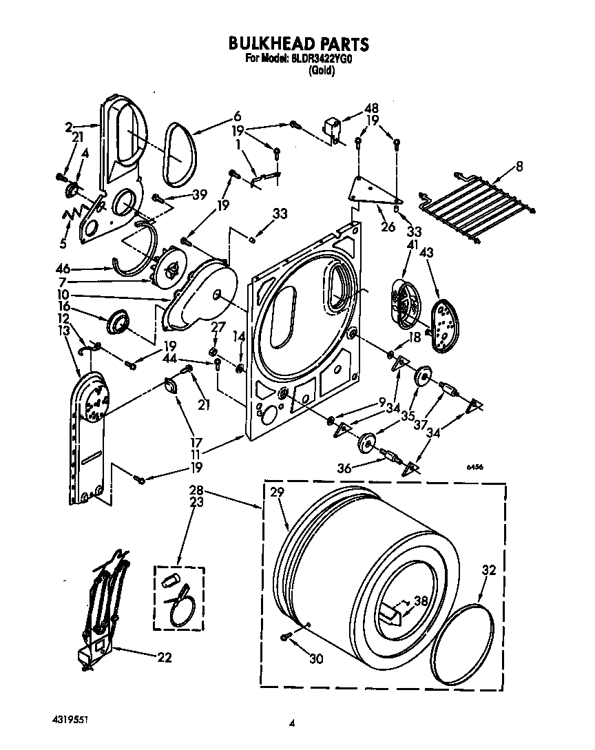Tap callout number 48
coord(372,109)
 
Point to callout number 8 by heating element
coord(519,165)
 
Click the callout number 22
coord(164,657)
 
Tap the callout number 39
coord(199,196)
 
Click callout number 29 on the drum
coord(278,492)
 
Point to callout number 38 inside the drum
coord(421,600)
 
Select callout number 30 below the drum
coord(315,659)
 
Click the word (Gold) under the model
coord(322,70)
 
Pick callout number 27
coord(216,327)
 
